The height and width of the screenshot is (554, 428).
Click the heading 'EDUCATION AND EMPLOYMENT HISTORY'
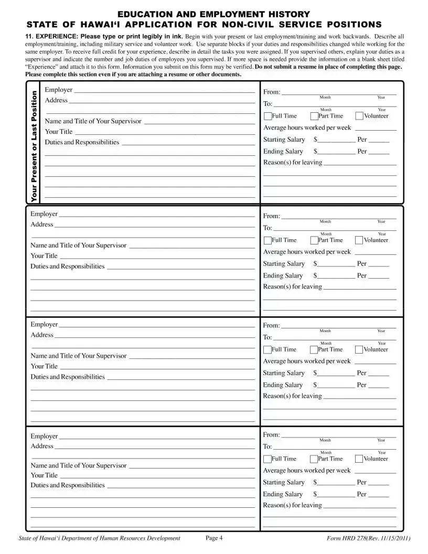213,14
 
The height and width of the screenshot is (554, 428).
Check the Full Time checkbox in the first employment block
268,116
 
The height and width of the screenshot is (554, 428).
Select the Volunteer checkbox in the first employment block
359,116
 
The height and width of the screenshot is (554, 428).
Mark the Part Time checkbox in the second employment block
314,241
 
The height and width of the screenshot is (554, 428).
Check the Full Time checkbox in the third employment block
267,350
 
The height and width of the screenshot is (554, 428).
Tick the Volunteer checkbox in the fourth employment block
359,459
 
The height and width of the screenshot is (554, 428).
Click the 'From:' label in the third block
271,326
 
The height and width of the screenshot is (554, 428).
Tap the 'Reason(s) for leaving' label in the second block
292,287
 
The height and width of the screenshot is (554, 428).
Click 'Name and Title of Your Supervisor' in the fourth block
79,466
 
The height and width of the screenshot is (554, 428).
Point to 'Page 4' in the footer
214,538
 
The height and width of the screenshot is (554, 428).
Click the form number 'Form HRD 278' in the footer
346,538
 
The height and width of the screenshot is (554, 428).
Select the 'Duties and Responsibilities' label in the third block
68,377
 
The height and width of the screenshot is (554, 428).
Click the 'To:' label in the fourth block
267,447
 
